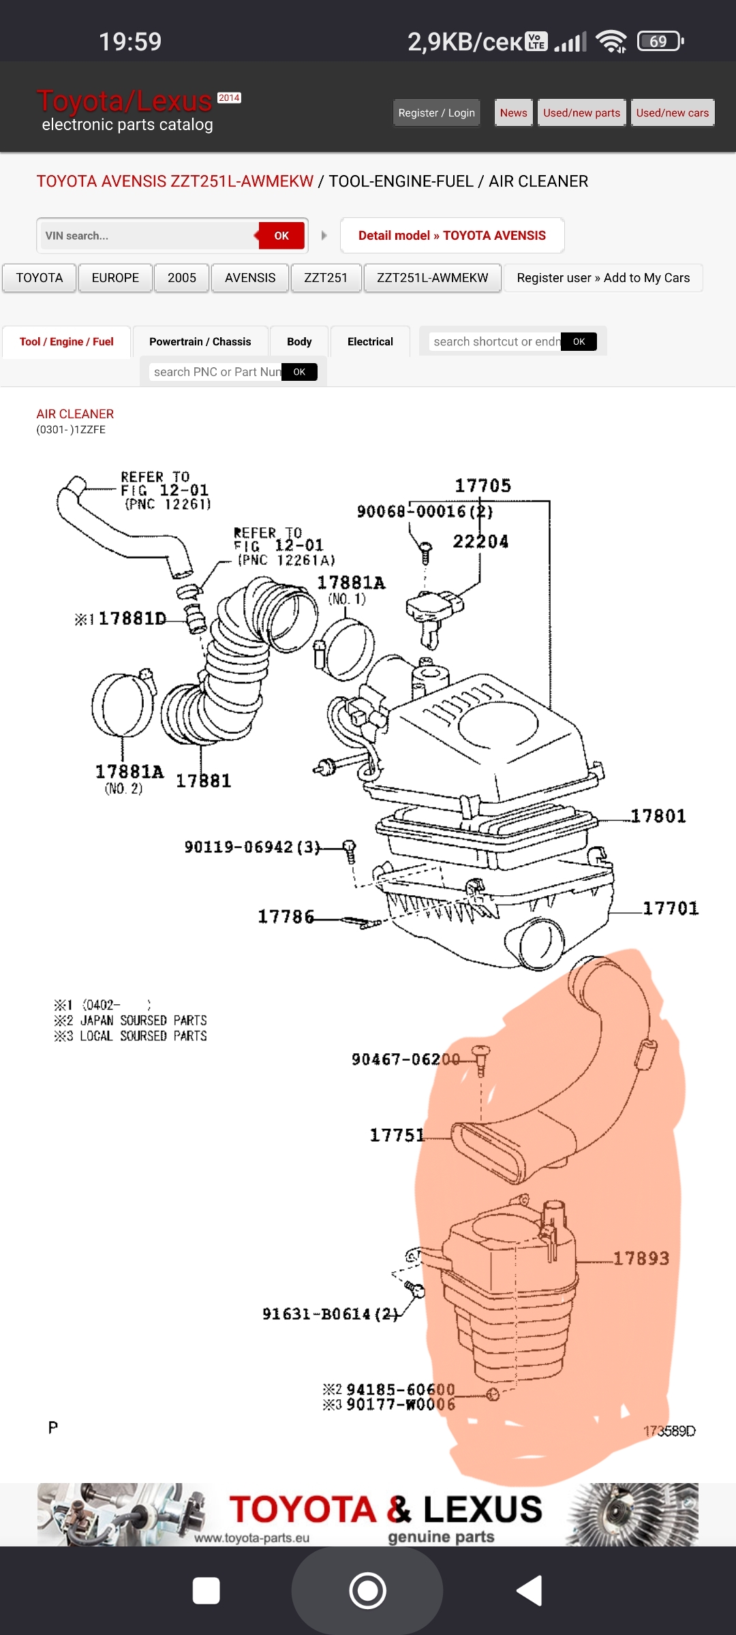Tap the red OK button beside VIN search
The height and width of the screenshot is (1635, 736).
(281, 236)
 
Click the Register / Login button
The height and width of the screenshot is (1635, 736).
(436, 113)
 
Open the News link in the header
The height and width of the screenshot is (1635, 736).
(513, 113)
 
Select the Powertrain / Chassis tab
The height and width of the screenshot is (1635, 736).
(200, 342)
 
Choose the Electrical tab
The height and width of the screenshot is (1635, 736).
(370, 342)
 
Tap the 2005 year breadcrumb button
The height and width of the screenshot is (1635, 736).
(181, 278)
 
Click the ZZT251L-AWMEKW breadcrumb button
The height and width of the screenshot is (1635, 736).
(432, 278)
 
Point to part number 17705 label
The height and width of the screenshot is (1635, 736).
(482, 486)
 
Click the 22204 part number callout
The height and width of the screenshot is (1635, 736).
(480, 542)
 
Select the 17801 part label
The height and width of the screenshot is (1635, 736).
(658, 816)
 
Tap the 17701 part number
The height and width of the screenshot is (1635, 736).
(671, 908)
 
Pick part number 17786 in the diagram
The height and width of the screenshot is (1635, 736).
(286, 917)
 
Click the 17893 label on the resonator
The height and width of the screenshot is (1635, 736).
(641, 1258)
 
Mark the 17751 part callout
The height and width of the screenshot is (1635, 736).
(397, 1135)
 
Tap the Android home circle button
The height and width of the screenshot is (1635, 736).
(367, 1591)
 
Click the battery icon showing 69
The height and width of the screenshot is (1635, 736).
(659, 42)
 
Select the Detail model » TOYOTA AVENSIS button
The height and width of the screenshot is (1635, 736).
(452, 236)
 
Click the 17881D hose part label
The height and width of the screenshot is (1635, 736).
(132, 619)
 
